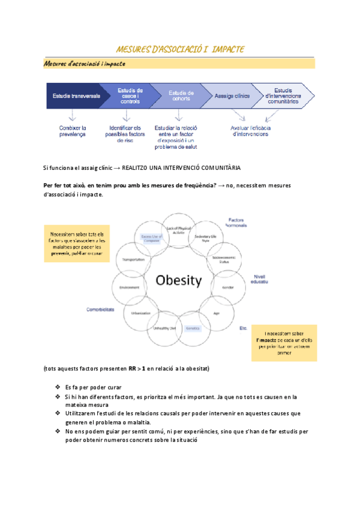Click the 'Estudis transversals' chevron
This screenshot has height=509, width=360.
76,96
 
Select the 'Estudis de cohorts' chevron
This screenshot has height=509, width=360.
180,95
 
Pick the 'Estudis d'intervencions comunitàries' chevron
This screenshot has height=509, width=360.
282,96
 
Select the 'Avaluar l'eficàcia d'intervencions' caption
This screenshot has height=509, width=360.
251,131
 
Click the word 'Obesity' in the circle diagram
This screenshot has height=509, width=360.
179,280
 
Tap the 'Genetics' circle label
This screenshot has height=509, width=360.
192,328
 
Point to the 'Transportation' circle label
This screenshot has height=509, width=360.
133,259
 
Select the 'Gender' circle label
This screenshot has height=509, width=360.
227,287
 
